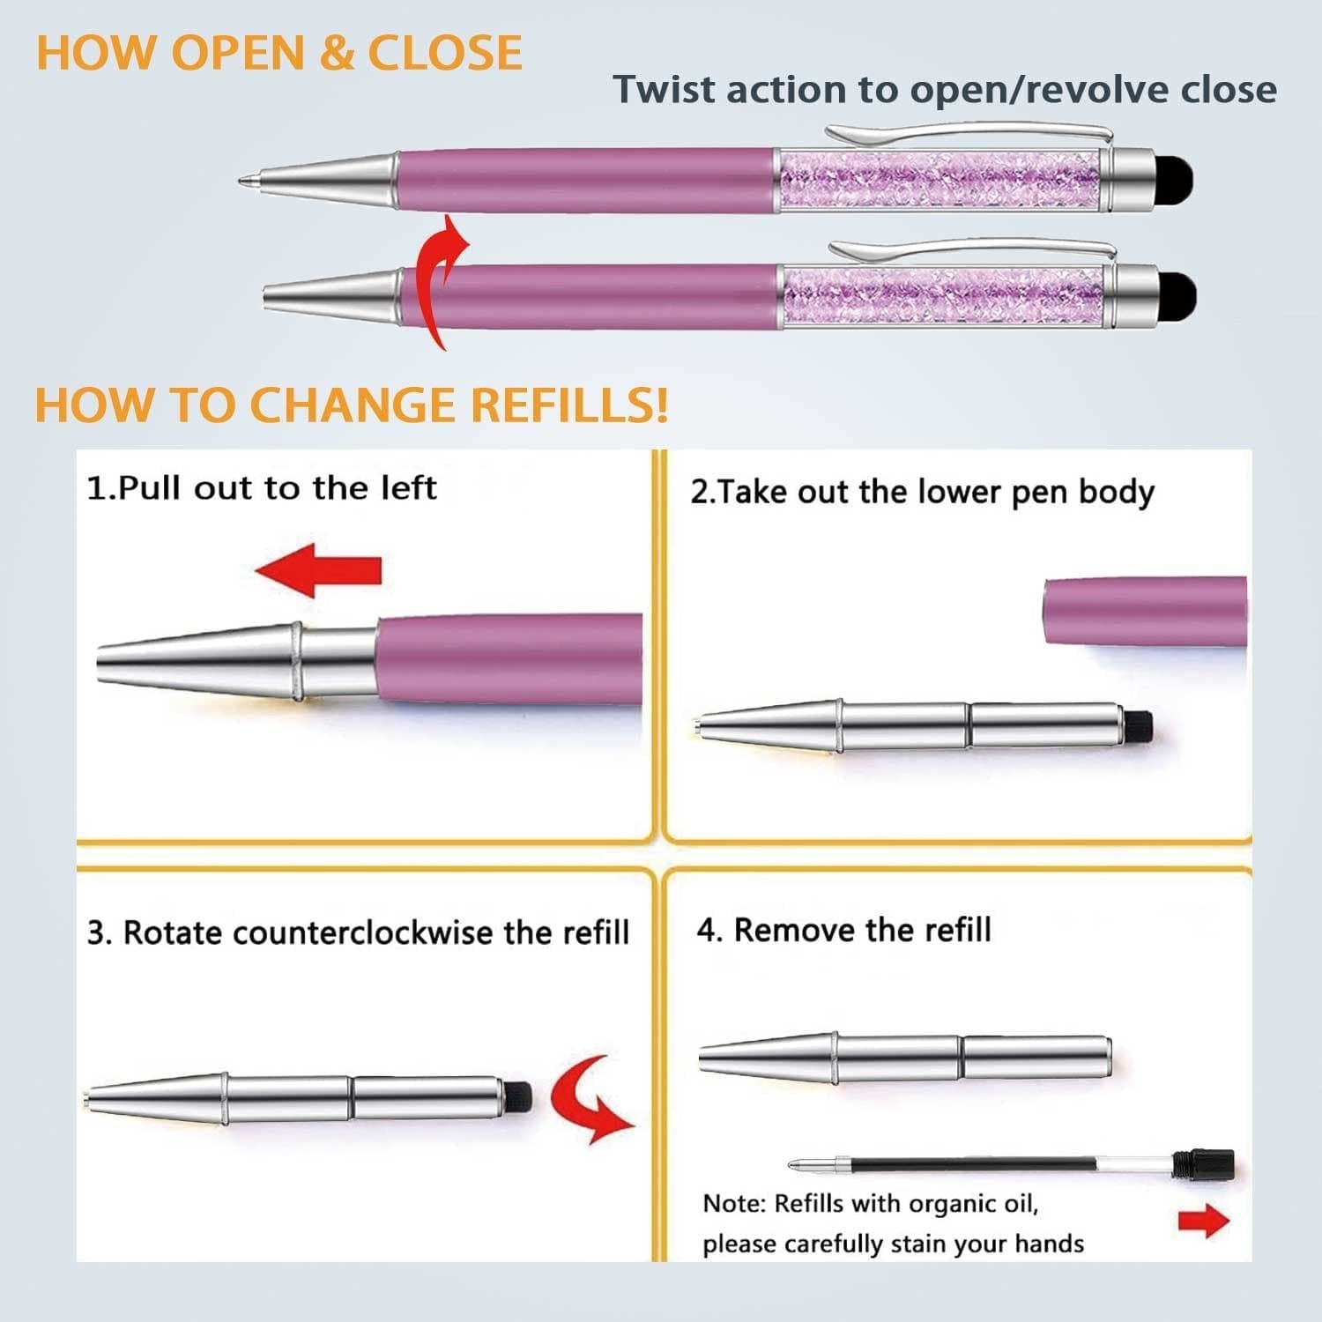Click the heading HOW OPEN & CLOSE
[x=279, y=53]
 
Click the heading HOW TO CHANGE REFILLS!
[x=351, y=405]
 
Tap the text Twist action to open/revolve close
[x=944, y=90]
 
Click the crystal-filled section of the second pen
[x=943, y=298]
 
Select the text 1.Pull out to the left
[x=262, y=488]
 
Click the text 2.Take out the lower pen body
[x=922, y=493]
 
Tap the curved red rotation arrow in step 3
[x=586, y=1098]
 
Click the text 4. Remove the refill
[x=843, y=931]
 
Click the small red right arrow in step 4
[x=1203, y=1221]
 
